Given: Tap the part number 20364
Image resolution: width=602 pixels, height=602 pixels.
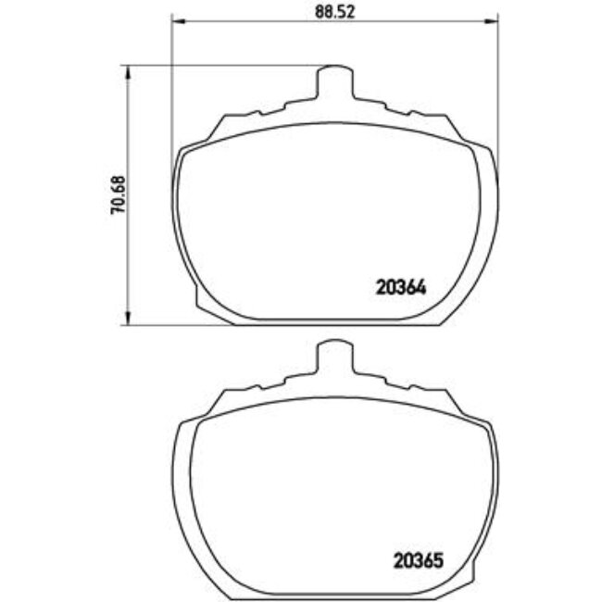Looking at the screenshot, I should tap(400, 288).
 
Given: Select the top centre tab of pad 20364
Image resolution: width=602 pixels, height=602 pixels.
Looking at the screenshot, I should tap(335, 82).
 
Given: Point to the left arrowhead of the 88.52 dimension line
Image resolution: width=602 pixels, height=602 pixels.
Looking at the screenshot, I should tap(176, 23).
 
